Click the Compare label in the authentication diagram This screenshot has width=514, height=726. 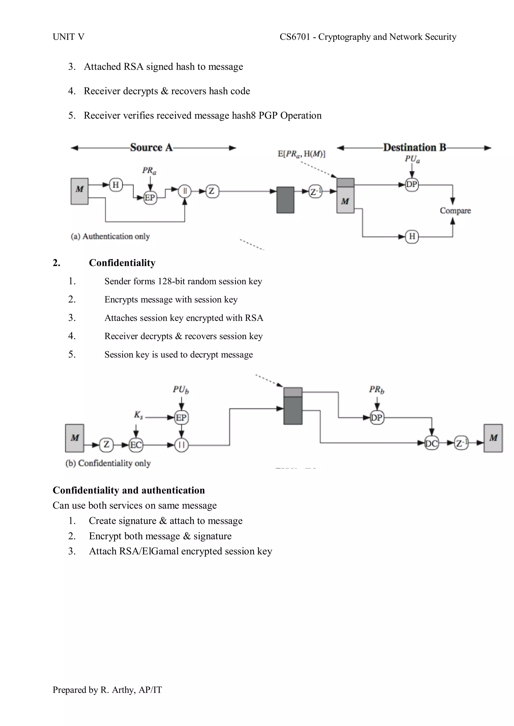coord(455,211)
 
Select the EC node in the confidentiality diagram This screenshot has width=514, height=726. coord(136,445)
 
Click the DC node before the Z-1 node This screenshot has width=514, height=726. coord(432,443)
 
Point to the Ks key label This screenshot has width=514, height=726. coord(138,415)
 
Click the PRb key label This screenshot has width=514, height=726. coord(376,390)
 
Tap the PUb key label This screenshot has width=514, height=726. coord(181,390)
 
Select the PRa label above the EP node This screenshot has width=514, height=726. coord(149,171)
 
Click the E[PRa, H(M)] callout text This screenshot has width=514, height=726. coord(301,154)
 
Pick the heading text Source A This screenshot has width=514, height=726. coord(151,148)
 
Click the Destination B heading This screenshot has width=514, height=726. coord(415,148)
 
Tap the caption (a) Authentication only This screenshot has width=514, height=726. coord(110,236)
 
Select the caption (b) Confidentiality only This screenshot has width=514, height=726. coord(108,463)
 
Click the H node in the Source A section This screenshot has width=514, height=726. coord(116,185)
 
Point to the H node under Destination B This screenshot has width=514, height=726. coord(412,236)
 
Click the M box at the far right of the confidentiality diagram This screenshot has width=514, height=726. coord(493,438)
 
